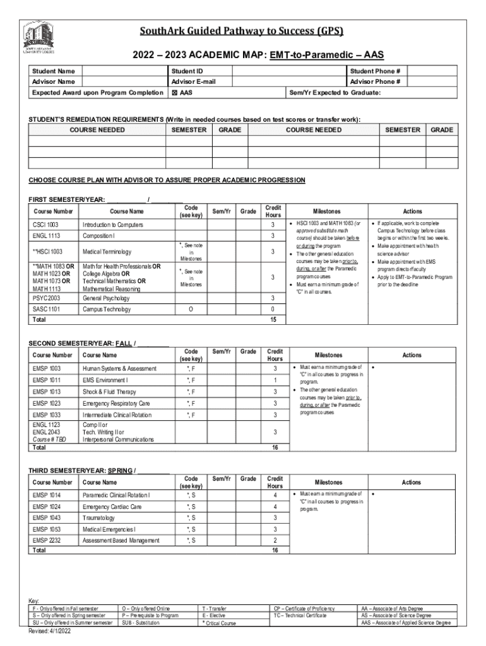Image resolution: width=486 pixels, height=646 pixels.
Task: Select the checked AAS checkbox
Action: click(x=175, y=92)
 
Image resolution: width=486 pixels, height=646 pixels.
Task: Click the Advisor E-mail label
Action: click(x=193, y=81)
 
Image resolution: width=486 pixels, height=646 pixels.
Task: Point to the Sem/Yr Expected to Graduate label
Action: click(x=335, y=92)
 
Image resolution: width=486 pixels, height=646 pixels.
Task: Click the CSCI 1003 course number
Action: click(x=45, y=225)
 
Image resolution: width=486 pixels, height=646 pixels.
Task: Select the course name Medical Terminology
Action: click(x=107, y=252)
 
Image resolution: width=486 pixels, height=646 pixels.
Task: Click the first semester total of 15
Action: click(x=273, y=320)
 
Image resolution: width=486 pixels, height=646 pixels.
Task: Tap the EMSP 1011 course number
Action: click(x=47, y=380)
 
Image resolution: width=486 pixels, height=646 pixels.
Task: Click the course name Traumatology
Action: click(x=100, y=517)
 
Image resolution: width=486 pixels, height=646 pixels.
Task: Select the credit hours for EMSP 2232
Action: click(x=275, y=541)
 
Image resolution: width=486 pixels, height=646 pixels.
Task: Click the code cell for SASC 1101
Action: click(x=190, y=309)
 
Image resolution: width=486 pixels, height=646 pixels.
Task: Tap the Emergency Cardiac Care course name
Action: click(x=112, y=506)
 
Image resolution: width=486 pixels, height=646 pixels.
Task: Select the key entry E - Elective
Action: click(x=213, y=615)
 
